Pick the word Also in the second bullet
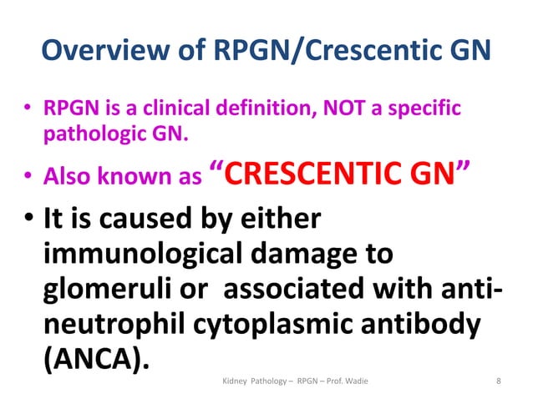pyautogui.click(x=61, y=178)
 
